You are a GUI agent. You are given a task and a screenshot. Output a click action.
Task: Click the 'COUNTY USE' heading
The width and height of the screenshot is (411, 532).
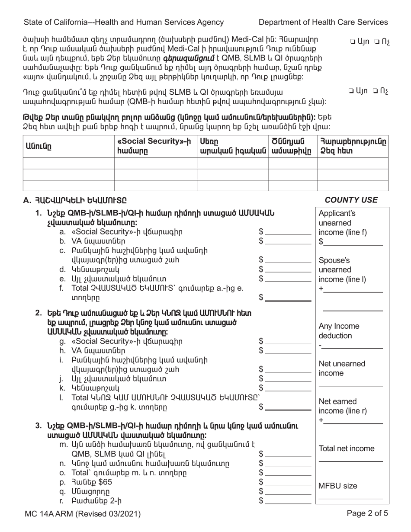coord(351,200)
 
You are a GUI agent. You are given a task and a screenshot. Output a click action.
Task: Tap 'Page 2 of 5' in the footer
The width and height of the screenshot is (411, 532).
coord(367,514)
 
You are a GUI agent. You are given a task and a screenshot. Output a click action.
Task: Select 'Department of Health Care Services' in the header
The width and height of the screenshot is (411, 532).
coord(323,22)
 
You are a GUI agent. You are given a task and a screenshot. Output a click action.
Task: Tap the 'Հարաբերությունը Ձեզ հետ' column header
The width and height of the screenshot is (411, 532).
coord(353,146)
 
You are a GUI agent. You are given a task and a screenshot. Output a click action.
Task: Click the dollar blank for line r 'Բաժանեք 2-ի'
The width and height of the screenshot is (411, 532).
coord(288,501)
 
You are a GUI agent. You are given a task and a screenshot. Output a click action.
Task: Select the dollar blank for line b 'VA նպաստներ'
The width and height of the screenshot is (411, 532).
coord(288,241)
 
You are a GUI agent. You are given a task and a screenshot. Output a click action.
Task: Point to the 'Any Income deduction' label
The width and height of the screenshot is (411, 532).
coord(338,331)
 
